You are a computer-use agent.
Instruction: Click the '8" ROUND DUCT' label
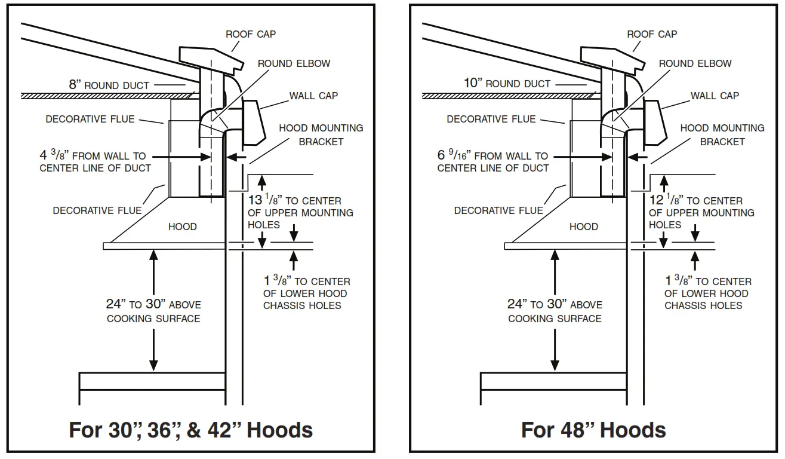click(109, 85)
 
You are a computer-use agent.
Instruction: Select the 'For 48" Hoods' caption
click(593, 430)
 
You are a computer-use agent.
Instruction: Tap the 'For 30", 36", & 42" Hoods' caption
click(191, 430)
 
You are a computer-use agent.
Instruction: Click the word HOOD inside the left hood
click(182, 227)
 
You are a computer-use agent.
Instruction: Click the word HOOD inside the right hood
click(583, 227)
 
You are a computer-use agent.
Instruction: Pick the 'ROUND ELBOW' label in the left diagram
click(294, 63)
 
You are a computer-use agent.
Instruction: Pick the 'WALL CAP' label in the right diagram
click(715, 96)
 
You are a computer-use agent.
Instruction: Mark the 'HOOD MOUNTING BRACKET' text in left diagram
click(321, 134)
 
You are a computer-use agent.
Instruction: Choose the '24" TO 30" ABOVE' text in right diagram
click(555, 305)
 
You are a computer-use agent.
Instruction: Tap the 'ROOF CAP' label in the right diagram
click(652, 34)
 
